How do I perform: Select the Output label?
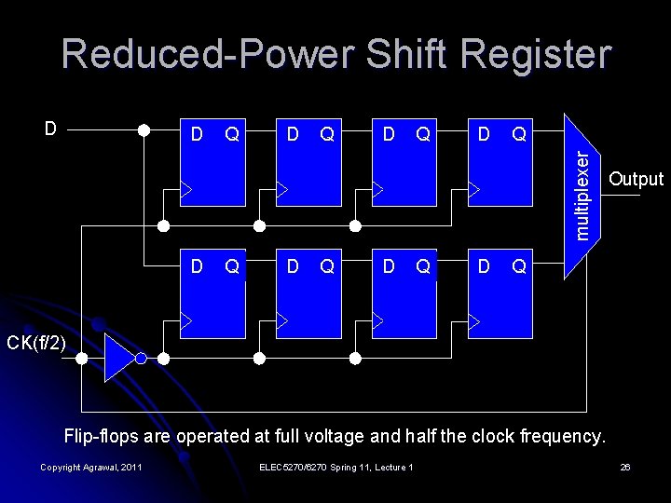pos(635,179)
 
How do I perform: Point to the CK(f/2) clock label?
pos(36,344)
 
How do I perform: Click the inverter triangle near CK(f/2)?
pos(119,359)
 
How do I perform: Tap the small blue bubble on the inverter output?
pos(141,359)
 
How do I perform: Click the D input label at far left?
pos(51,128)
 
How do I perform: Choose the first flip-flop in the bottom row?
pos(212,294)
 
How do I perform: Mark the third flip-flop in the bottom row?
pos(404,294)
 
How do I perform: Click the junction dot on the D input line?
pos(144,130)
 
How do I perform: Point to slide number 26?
pos(625,467)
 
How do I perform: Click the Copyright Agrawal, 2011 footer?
pos(91,467)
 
